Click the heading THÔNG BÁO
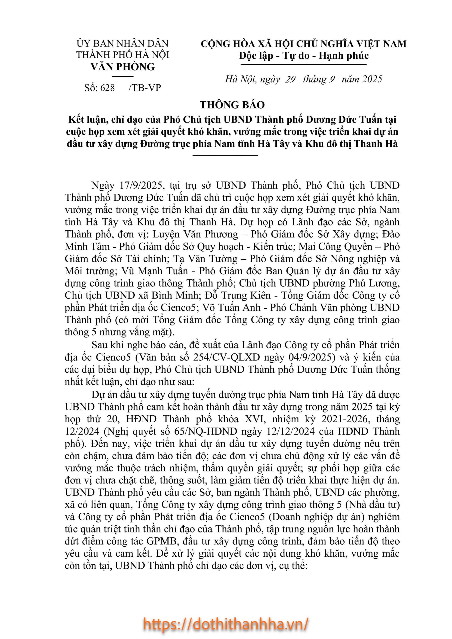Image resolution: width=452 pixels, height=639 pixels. point(232,105)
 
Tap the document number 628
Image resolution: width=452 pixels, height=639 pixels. point(107,88)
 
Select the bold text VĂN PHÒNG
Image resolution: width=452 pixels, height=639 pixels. point(123,67)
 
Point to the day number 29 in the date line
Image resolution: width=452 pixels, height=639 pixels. point(290,79)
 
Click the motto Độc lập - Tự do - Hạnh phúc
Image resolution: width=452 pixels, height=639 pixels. point(304,56)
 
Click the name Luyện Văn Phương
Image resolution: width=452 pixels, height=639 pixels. point(195,234)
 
